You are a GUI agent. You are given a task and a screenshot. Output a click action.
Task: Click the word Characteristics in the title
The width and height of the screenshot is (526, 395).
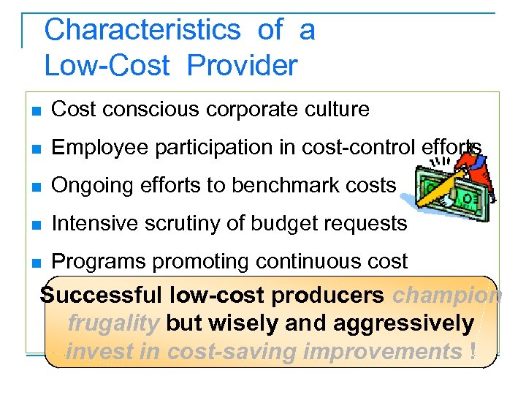142,31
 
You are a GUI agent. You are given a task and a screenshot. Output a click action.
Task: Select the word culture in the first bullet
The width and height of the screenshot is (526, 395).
333,110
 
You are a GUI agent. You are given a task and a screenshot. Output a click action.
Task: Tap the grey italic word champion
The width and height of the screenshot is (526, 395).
447,296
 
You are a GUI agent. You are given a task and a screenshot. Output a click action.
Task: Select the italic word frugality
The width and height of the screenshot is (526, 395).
113,323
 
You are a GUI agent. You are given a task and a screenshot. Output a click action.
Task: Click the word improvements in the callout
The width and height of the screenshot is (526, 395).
381,352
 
